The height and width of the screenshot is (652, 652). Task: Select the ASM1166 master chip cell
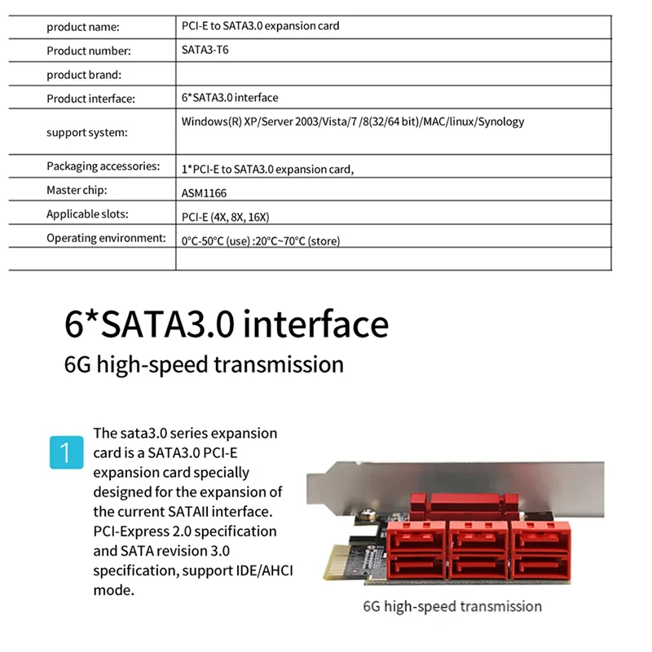coord(205,193)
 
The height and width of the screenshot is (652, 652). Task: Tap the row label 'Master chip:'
coord(77,190)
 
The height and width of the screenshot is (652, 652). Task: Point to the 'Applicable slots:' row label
coord(87,214)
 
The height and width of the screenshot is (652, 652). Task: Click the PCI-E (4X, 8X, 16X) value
coord(225,217)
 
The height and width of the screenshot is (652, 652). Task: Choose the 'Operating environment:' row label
coord(106,238)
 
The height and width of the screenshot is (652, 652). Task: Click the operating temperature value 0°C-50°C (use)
coord(216,240)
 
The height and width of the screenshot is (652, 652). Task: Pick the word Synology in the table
coord(500,121)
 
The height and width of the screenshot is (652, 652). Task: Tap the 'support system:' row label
coord(87,132)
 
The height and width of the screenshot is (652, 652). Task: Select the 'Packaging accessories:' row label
coord(103,166)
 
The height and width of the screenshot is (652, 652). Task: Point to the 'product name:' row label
coord(82,27)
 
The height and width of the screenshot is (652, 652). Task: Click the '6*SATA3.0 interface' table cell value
coord(230,98)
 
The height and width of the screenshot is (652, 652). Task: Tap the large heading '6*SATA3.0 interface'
coord(226,324)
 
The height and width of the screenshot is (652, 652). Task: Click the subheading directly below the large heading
coord(204,363)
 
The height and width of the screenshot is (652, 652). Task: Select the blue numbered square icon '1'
coord(66,452)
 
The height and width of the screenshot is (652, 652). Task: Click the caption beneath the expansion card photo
coord(452,606)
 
